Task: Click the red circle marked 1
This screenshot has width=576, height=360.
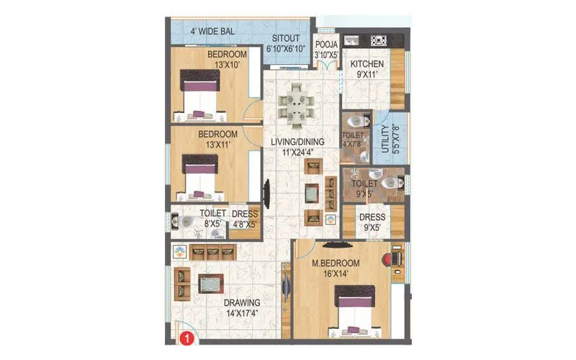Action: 185,336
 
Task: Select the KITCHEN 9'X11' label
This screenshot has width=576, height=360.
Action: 367,70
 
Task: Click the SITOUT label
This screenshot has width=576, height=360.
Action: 286,44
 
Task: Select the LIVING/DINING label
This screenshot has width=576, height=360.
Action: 298,146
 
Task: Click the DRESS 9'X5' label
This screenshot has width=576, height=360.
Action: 372,222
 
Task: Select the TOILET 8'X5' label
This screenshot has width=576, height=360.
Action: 213,219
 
